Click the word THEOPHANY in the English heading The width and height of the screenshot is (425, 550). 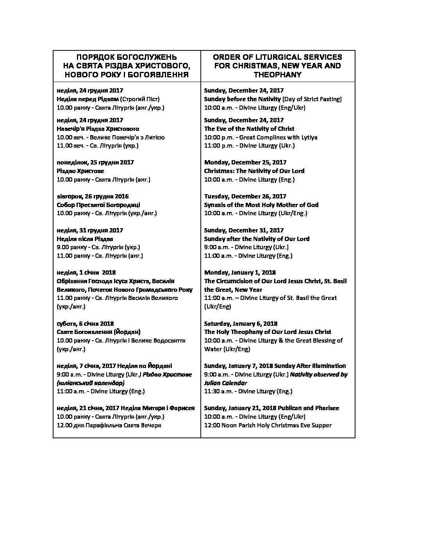tap(277, 75)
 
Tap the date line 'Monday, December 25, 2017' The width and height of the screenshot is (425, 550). tap(245, 162)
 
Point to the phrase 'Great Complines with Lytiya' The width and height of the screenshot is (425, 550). tap(278, 137)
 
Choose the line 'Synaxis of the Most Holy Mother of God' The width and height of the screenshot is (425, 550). tap(261, 205)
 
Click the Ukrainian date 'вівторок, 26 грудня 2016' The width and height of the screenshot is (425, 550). tap(93, 196)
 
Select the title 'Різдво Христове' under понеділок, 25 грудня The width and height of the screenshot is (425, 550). tap(80, 171)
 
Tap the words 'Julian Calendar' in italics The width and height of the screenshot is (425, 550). tap(225, 383)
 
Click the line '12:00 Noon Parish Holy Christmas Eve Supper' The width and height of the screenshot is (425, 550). tap(268, 425)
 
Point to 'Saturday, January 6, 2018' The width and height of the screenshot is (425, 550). tap(241, 323)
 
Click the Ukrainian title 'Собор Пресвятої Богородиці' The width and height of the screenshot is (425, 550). tap(98, 205)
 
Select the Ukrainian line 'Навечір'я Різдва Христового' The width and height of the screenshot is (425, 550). tap(98, 129)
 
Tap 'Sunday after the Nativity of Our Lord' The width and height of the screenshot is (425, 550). tap(257, 239)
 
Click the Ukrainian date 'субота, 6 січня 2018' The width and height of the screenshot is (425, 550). tap(85, 323)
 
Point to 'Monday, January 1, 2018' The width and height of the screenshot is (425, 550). tap(240, 273)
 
